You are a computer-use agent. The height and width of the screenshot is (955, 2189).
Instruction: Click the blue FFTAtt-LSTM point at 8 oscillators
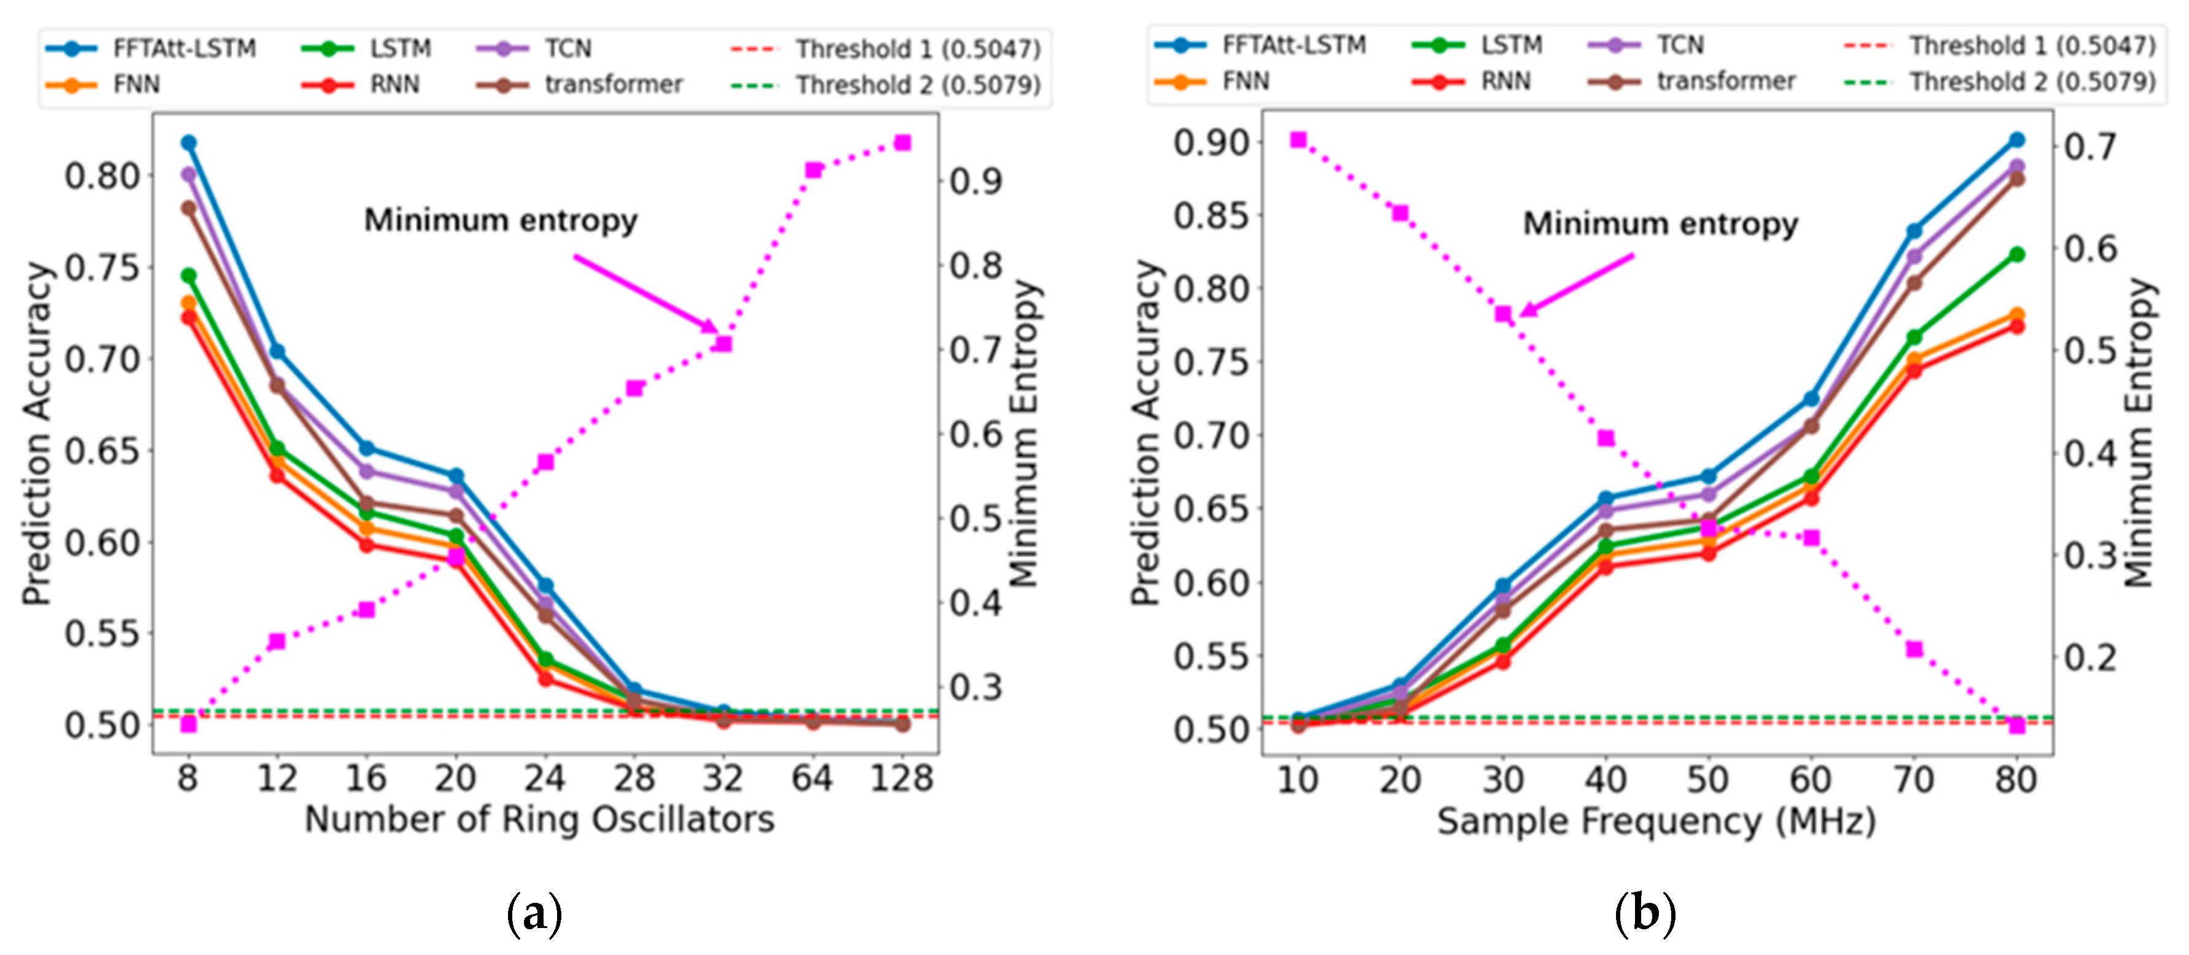(188, 143)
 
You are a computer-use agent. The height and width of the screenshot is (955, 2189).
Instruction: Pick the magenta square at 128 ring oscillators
(902, 143)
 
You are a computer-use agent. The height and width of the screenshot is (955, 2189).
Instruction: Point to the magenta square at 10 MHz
(1298, 139)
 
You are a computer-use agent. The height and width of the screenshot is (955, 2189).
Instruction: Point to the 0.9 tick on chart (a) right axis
(975, 180)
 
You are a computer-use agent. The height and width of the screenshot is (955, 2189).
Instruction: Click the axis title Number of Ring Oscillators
(540, 819)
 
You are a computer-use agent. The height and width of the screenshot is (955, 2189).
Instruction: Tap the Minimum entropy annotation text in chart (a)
(501, 220)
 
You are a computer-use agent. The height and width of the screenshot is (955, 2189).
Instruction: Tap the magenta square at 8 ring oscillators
(188, 724)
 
